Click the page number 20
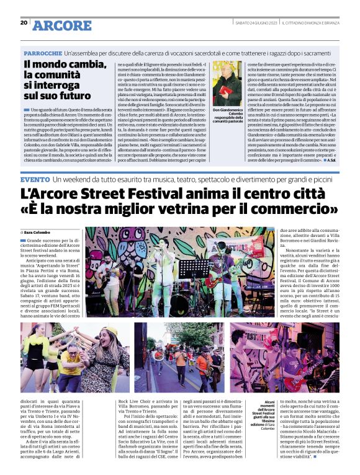pos(24,22)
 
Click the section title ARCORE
pos(61,25)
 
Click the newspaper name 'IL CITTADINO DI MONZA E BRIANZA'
pos(308,23)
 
